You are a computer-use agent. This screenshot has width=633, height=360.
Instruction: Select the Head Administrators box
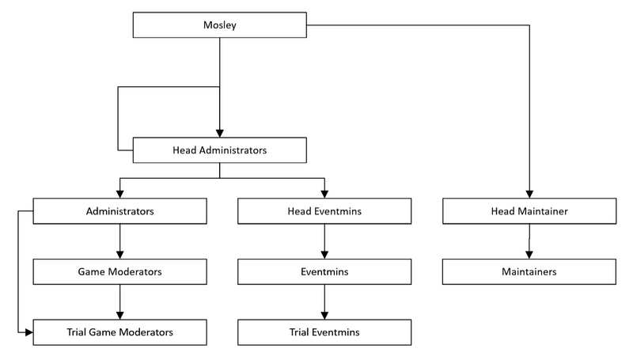[219, 150]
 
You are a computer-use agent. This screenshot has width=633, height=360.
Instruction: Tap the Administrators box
[119, 211]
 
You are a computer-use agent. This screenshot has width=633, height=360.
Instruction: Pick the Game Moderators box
[119, 271]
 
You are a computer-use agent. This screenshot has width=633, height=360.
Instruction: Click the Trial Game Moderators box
[119, 331]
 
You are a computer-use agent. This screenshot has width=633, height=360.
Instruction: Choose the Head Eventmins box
[324, 211]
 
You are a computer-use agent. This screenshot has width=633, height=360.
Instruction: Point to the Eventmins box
[324, 271]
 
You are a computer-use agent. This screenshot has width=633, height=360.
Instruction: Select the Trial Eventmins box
[324, 331]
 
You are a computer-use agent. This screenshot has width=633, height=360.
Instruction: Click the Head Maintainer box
[529, 211]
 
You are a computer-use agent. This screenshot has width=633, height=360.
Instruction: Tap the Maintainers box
[529, 271]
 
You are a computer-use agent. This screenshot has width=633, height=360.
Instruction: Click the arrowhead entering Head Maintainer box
[529, 195]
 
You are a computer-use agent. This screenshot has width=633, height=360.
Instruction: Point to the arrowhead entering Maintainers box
[529, 255]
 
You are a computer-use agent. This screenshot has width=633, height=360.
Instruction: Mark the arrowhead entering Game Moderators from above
[119, 255]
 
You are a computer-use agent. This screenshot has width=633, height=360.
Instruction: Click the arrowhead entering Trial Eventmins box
[324, 314]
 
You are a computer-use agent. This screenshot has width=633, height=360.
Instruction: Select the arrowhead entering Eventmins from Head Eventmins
[324, 255]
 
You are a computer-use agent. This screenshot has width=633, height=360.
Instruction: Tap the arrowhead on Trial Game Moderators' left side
[28, 331]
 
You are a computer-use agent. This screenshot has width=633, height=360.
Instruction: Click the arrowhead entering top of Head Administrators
[219, 133]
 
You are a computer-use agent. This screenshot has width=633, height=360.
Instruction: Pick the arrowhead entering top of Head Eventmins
[324, 195]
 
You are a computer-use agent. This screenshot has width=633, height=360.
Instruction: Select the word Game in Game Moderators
[90, 271]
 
